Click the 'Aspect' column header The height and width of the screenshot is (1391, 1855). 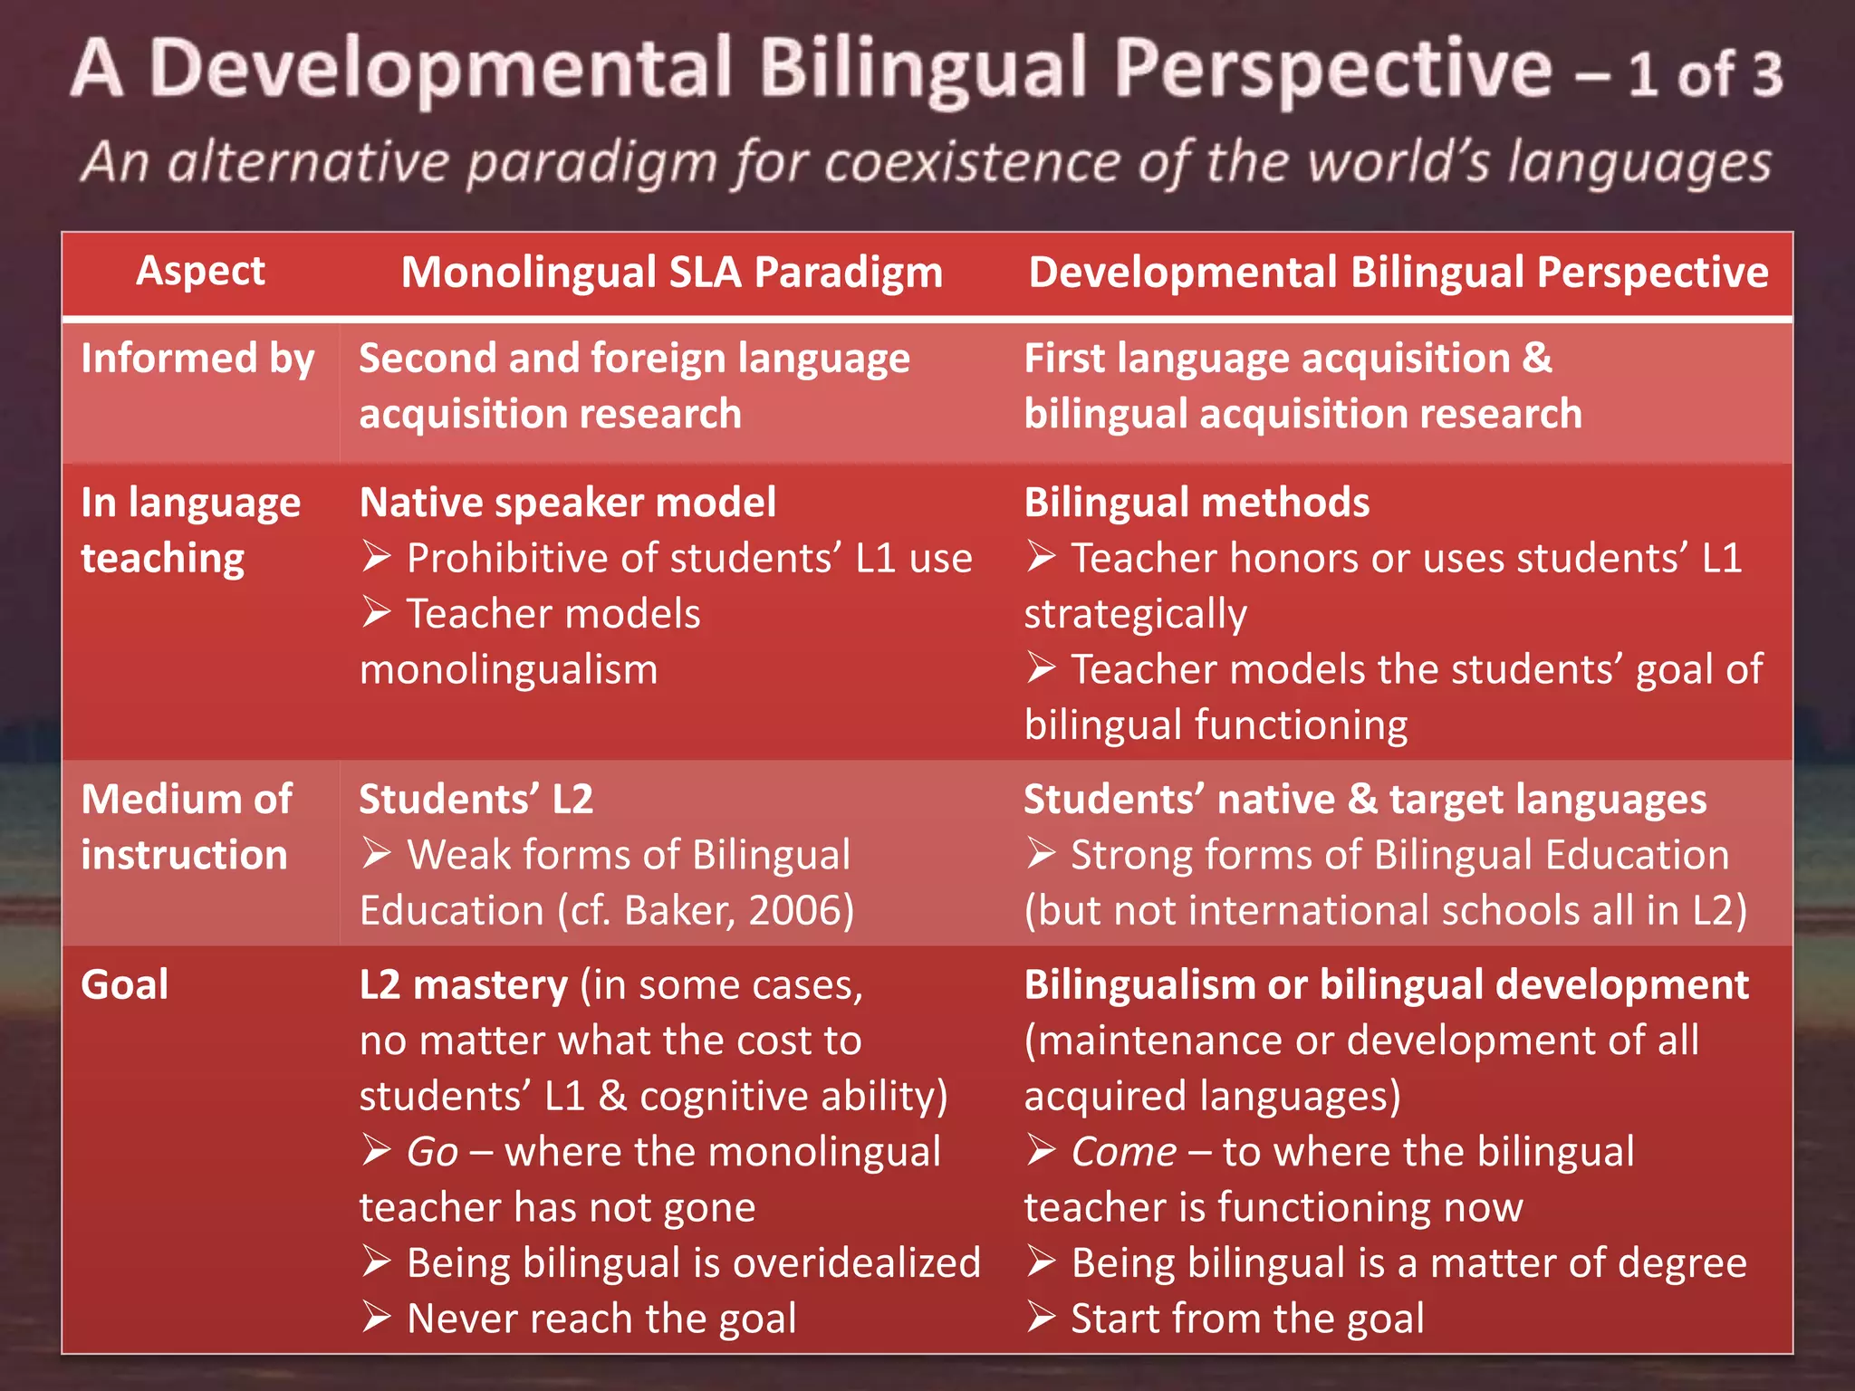pos(200,271)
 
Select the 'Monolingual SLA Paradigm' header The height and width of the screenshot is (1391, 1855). pos(671,273)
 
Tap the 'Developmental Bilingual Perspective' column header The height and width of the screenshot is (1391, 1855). pos(1398,273)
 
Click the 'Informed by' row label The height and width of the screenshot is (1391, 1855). pos(197,359)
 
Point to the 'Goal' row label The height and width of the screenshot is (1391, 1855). pos(124,984)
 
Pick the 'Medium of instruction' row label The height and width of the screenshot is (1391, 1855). pos(186,827)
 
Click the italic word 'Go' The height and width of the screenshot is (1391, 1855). pos(432,1152)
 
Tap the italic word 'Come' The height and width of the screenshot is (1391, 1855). pos(1123,1152)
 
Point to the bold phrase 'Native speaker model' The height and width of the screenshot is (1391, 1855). pos(568,503)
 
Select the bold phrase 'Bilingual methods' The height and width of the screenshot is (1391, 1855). pos(1197,503)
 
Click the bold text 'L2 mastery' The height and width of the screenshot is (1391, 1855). pos(463,984)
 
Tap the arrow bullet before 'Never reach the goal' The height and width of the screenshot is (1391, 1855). pos(376,1318)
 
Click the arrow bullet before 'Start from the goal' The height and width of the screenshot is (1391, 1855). pos(1041,1318)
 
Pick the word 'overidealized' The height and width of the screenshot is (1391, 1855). pos(856,1262)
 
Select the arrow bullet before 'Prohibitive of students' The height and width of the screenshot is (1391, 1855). pos(376,557)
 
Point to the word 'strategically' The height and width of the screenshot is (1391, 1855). pos(1135,615)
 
